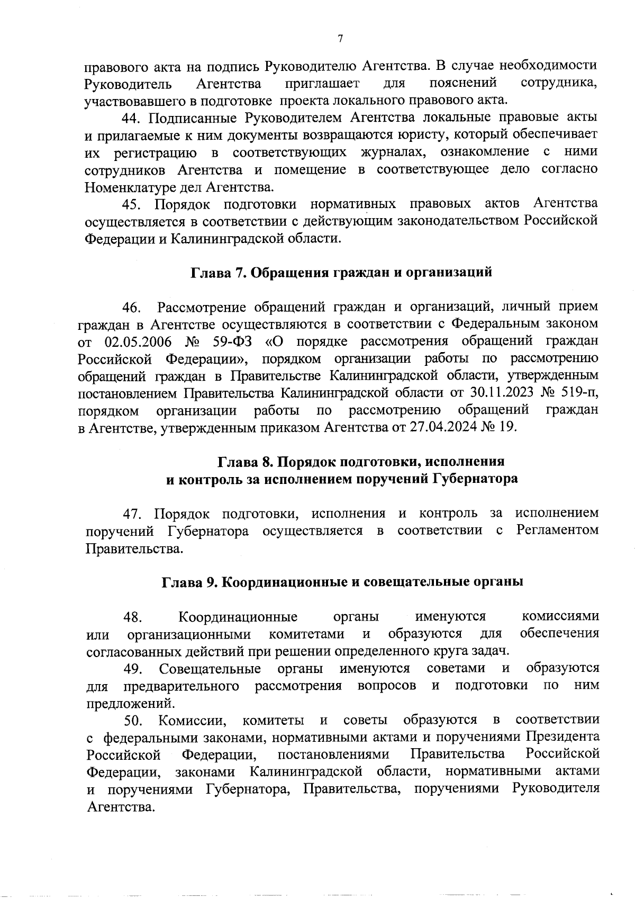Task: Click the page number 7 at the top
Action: coord(340,38)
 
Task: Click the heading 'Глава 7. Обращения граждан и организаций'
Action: coord(341,272)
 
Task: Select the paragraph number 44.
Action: coord(132,118)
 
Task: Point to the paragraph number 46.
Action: coord(132,307)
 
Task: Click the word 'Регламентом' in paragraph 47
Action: coord(557,531)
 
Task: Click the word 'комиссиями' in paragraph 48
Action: coord(560,616)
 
